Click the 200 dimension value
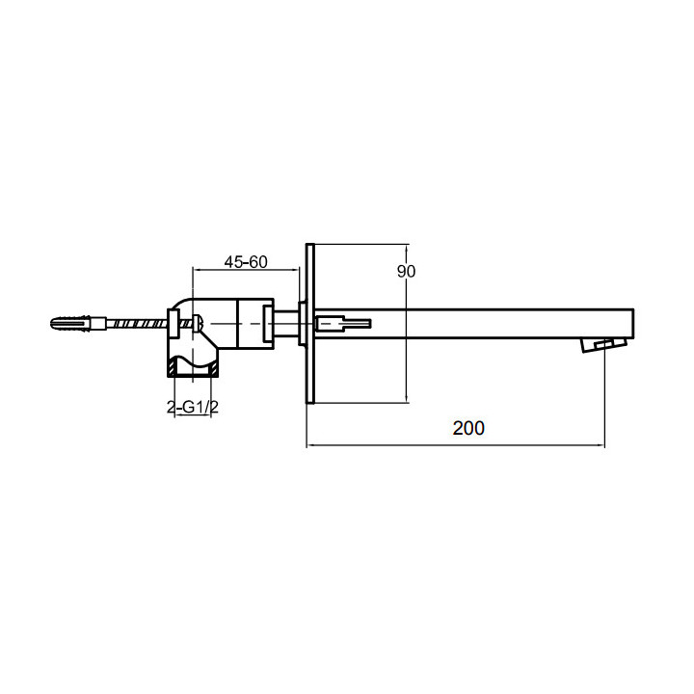click(468, 428)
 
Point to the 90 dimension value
click(406, 271)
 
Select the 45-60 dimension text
click(246, 262)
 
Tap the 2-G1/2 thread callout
click(193, 407)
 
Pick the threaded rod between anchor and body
click(136, 323)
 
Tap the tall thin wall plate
click(310, 324)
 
